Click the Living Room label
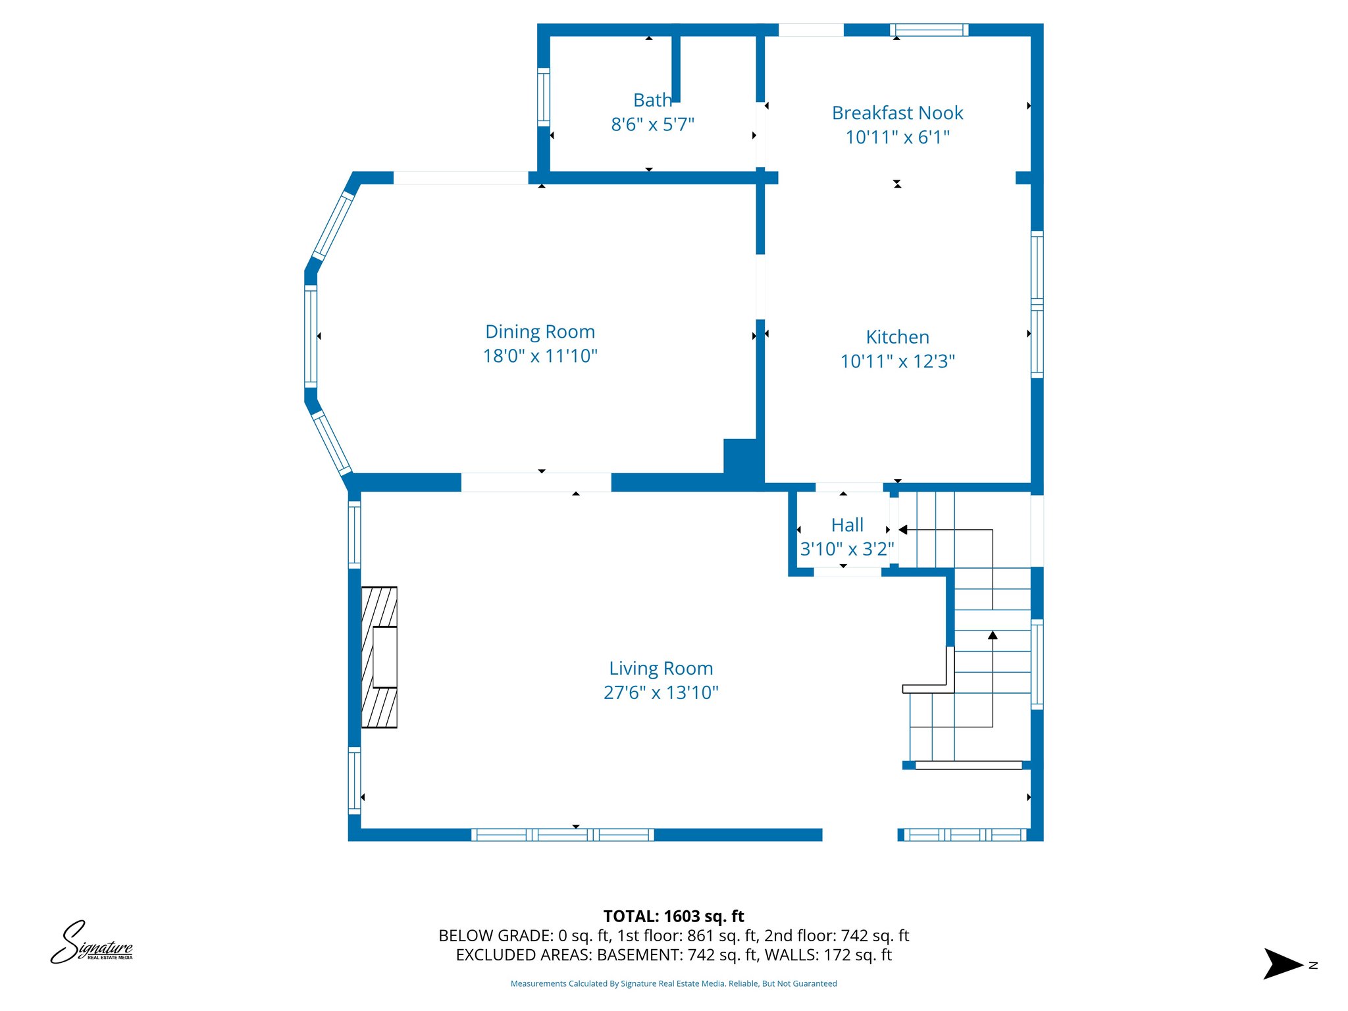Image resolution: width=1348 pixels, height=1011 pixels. click(661, 668)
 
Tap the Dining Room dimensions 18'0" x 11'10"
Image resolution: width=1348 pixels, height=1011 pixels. click(540, 356)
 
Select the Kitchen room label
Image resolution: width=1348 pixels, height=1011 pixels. click(897, 337)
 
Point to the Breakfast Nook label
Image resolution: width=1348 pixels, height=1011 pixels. click(897, 113)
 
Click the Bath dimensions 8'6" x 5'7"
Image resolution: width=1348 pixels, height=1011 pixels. click(652, 124)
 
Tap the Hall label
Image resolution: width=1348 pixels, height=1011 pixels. click(847, 525)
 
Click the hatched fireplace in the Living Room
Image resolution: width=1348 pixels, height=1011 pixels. click(380, 657)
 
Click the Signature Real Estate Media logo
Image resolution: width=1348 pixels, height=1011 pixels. click(92, 943)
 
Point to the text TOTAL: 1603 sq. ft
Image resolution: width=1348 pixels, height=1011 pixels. click(673, 916)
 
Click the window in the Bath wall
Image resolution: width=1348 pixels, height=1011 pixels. click(544, 97)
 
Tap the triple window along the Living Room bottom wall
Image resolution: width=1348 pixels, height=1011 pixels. click(563, 835)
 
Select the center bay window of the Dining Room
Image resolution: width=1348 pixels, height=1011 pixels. click(311, 336)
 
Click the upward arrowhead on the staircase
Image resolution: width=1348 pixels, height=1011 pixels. click(993, 635)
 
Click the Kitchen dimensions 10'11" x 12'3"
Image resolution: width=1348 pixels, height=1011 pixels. click(897, 361)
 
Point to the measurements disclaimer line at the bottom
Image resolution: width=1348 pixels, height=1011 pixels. click(673, 983)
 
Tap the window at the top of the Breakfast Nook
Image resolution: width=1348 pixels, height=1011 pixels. click(929, 30)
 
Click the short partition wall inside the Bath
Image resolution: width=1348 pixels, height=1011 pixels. click(675, 66)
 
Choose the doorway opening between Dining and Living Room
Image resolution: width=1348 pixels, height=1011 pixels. click(536, 482)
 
